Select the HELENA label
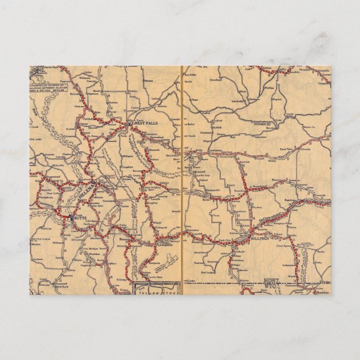[x=88, y=193]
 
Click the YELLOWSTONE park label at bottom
[x=158, y=288]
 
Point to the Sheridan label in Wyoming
[x=323, y=292]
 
